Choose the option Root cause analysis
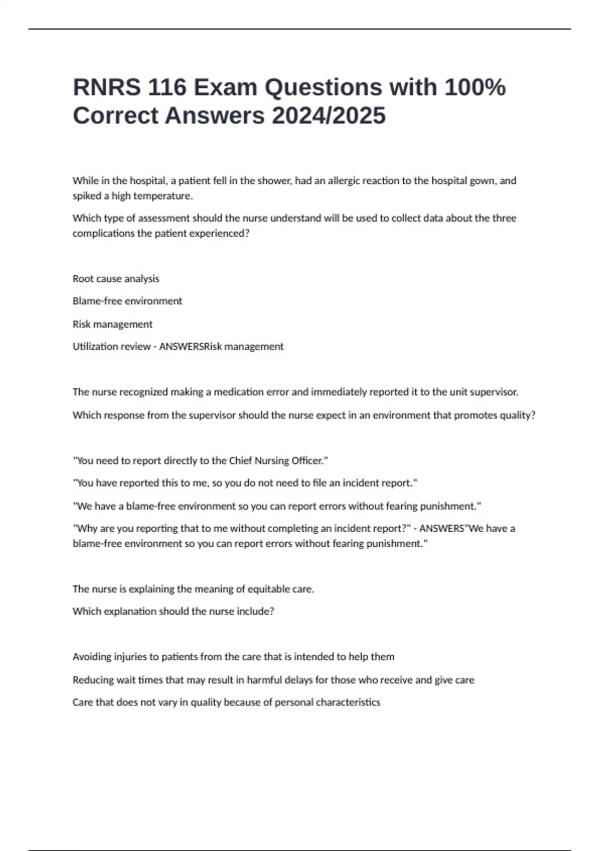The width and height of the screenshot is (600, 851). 116,279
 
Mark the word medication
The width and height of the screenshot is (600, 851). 234,392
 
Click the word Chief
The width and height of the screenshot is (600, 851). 240,461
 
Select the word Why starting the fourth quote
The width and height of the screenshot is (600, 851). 86,529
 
